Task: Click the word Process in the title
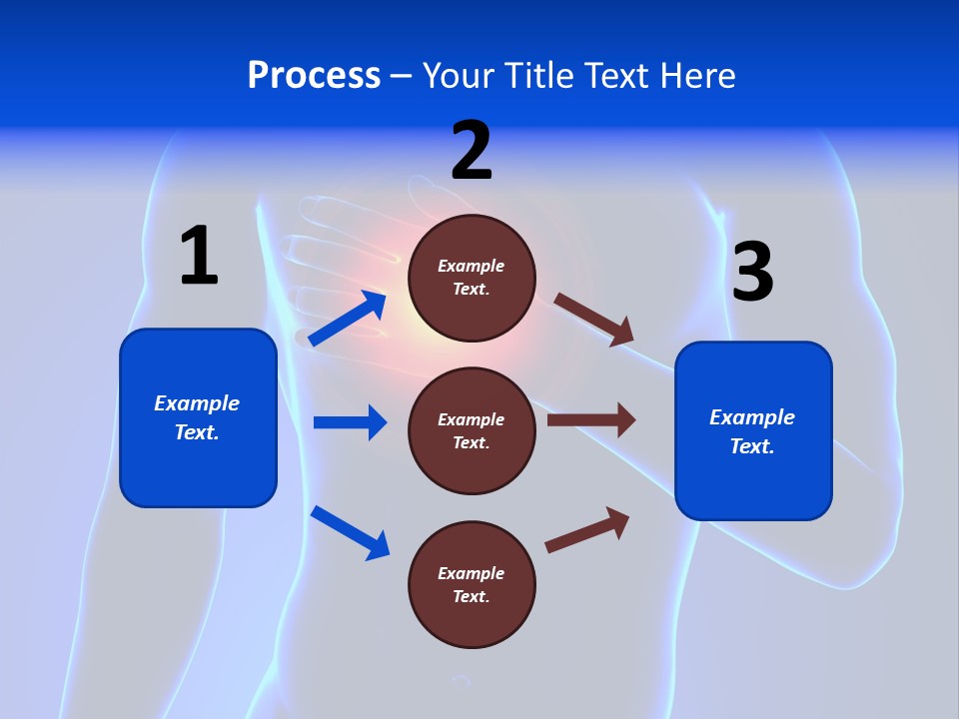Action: tap(314, 76)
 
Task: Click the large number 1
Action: tap(199, 256)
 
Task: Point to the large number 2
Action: tap(472, 150)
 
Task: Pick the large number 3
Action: tap(752, 273)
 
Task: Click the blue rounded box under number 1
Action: tap(198, 417)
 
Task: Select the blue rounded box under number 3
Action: tap(753, 431)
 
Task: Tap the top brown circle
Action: tap(472, 278)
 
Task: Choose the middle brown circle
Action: tap(472, 430)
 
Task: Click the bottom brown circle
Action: tap(472, 584)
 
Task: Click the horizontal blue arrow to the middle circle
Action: tap(350, 422)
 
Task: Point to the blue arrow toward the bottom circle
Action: tap(350, 532)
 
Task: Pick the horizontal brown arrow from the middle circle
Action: tap(591, 420)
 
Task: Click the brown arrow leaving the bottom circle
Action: tap(588, 529)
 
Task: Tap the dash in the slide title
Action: tap(402, 76)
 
